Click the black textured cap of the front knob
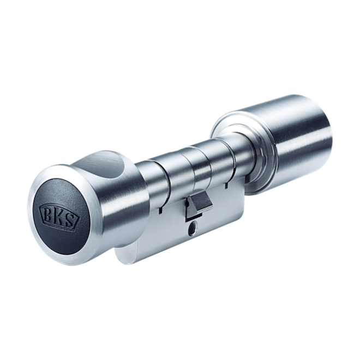(61, 217)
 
